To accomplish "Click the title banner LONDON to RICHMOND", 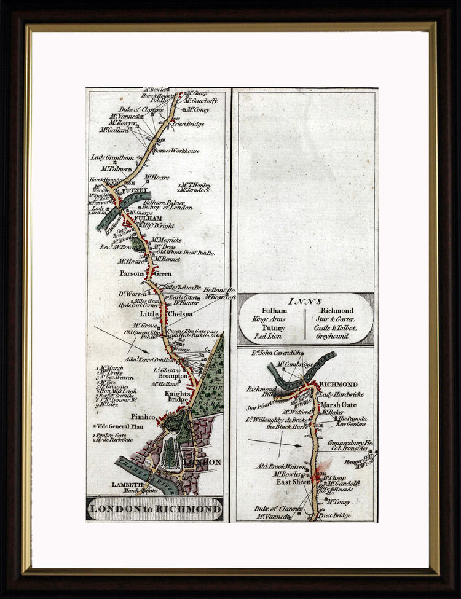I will pos(155,509).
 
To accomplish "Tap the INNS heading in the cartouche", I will pos(305,301).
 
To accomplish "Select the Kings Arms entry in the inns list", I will pos(269,319).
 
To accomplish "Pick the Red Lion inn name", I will pos(268,337).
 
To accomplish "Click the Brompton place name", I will pos(173,376).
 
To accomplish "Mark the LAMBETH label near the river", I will pos(127,484).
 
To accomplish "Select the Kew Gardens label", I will pos(351,424).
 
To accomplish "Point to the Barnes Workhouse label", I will pos(176,151).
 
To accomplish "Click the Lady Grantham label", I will pos(112,157).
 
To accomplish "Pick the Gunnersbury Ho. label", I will pos(350,442).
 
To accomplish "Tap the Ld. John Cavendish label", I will pos(277,353).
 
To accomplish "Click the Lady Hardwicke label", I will pos(342,394).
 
